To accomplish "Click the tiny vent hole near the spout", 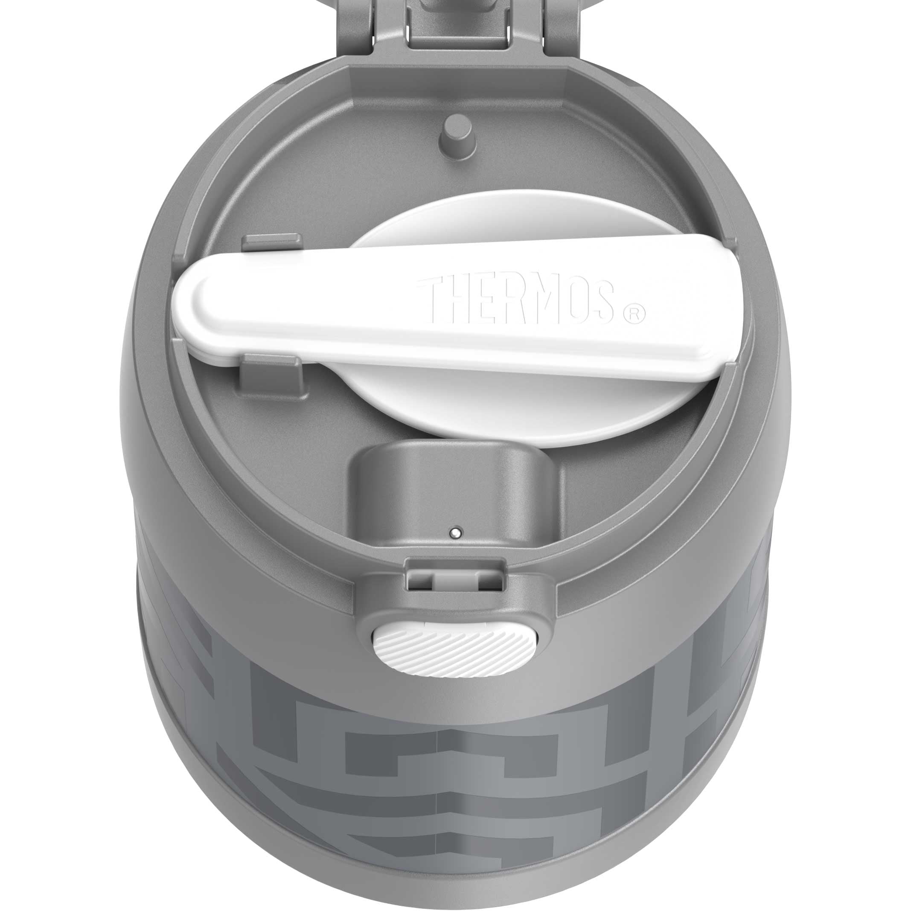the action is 455,533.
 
